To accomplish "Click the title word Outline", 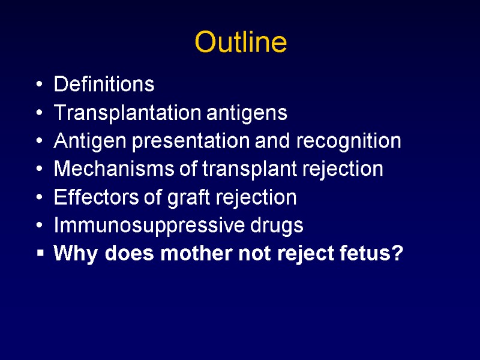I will tap(241, 43).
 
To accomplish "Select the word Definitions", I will tap(104, 85).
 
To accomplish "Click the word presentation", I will tap(191, 142).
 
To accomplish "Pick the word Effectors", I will tap(91, 197).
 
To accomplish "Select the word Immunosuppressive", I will tap(141, 226).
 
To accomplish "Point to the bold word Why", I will tap(76, 254).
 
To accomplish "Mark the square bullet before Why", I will tap(40, 254).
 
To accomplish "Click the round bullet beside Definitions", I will tap(40, 85).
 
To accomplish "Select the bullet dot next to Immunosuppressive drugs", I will tap(40, 227).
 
